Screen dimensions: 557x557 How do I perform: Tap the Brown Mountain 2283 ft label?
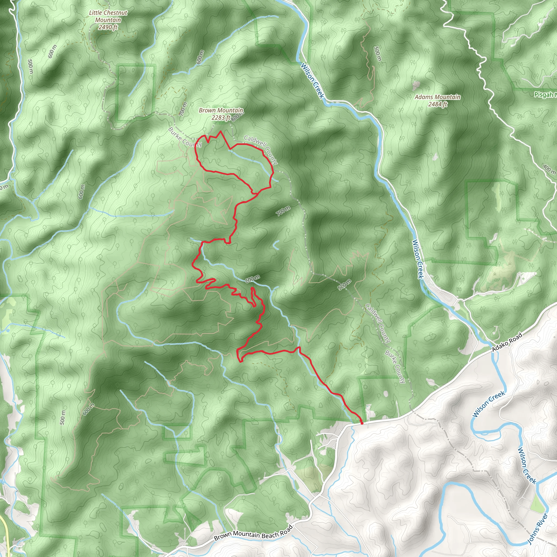point(221,114)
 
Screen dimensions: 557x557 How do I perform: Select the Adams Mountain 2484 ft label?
point(437,100)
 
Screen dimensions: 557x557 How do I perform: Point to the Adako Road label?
point(507,342)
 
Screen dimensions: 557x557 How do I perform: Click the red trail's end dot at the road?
point(362,423)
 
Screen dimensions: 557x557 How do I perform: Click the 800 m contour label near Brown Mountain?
point(237,116)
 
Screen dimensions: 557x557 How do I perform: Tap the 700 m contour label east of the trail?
point(283,211)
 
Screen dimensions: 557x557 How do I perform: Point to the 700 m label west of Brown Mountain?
point(183,109)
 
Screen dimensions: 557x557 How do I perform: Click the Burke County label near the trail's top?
point(185,137)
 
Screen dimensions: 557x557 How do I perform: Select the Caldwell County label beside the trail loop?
point(261,150)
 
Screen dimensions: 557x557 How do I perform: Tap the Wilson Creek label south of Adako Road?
point(488,404)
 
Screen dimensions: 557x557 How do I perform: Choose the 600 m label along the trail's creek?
point(252,279)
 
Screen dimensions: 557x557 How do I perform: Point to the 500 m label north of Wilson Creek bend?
point(377,54)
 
